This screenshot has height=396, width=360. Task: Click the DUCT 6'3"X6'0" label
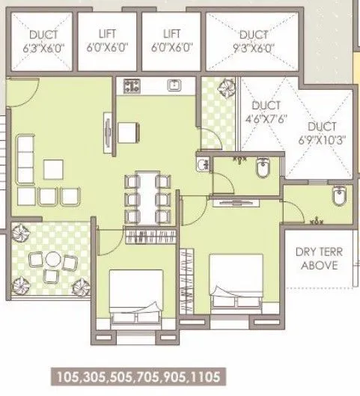[42, 39]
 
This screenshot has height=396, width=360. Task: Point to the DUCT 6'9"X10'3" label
[322, 133]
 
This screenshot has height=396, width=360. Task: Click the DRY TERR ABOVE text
[319, 258]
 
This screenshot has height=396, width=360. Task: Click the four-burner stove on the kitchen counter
[133, 85]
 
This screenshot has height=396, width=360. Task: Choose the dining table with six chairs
[144, 198]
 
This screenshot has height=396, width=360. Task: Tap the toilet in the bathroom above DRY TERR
[337, 197]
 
